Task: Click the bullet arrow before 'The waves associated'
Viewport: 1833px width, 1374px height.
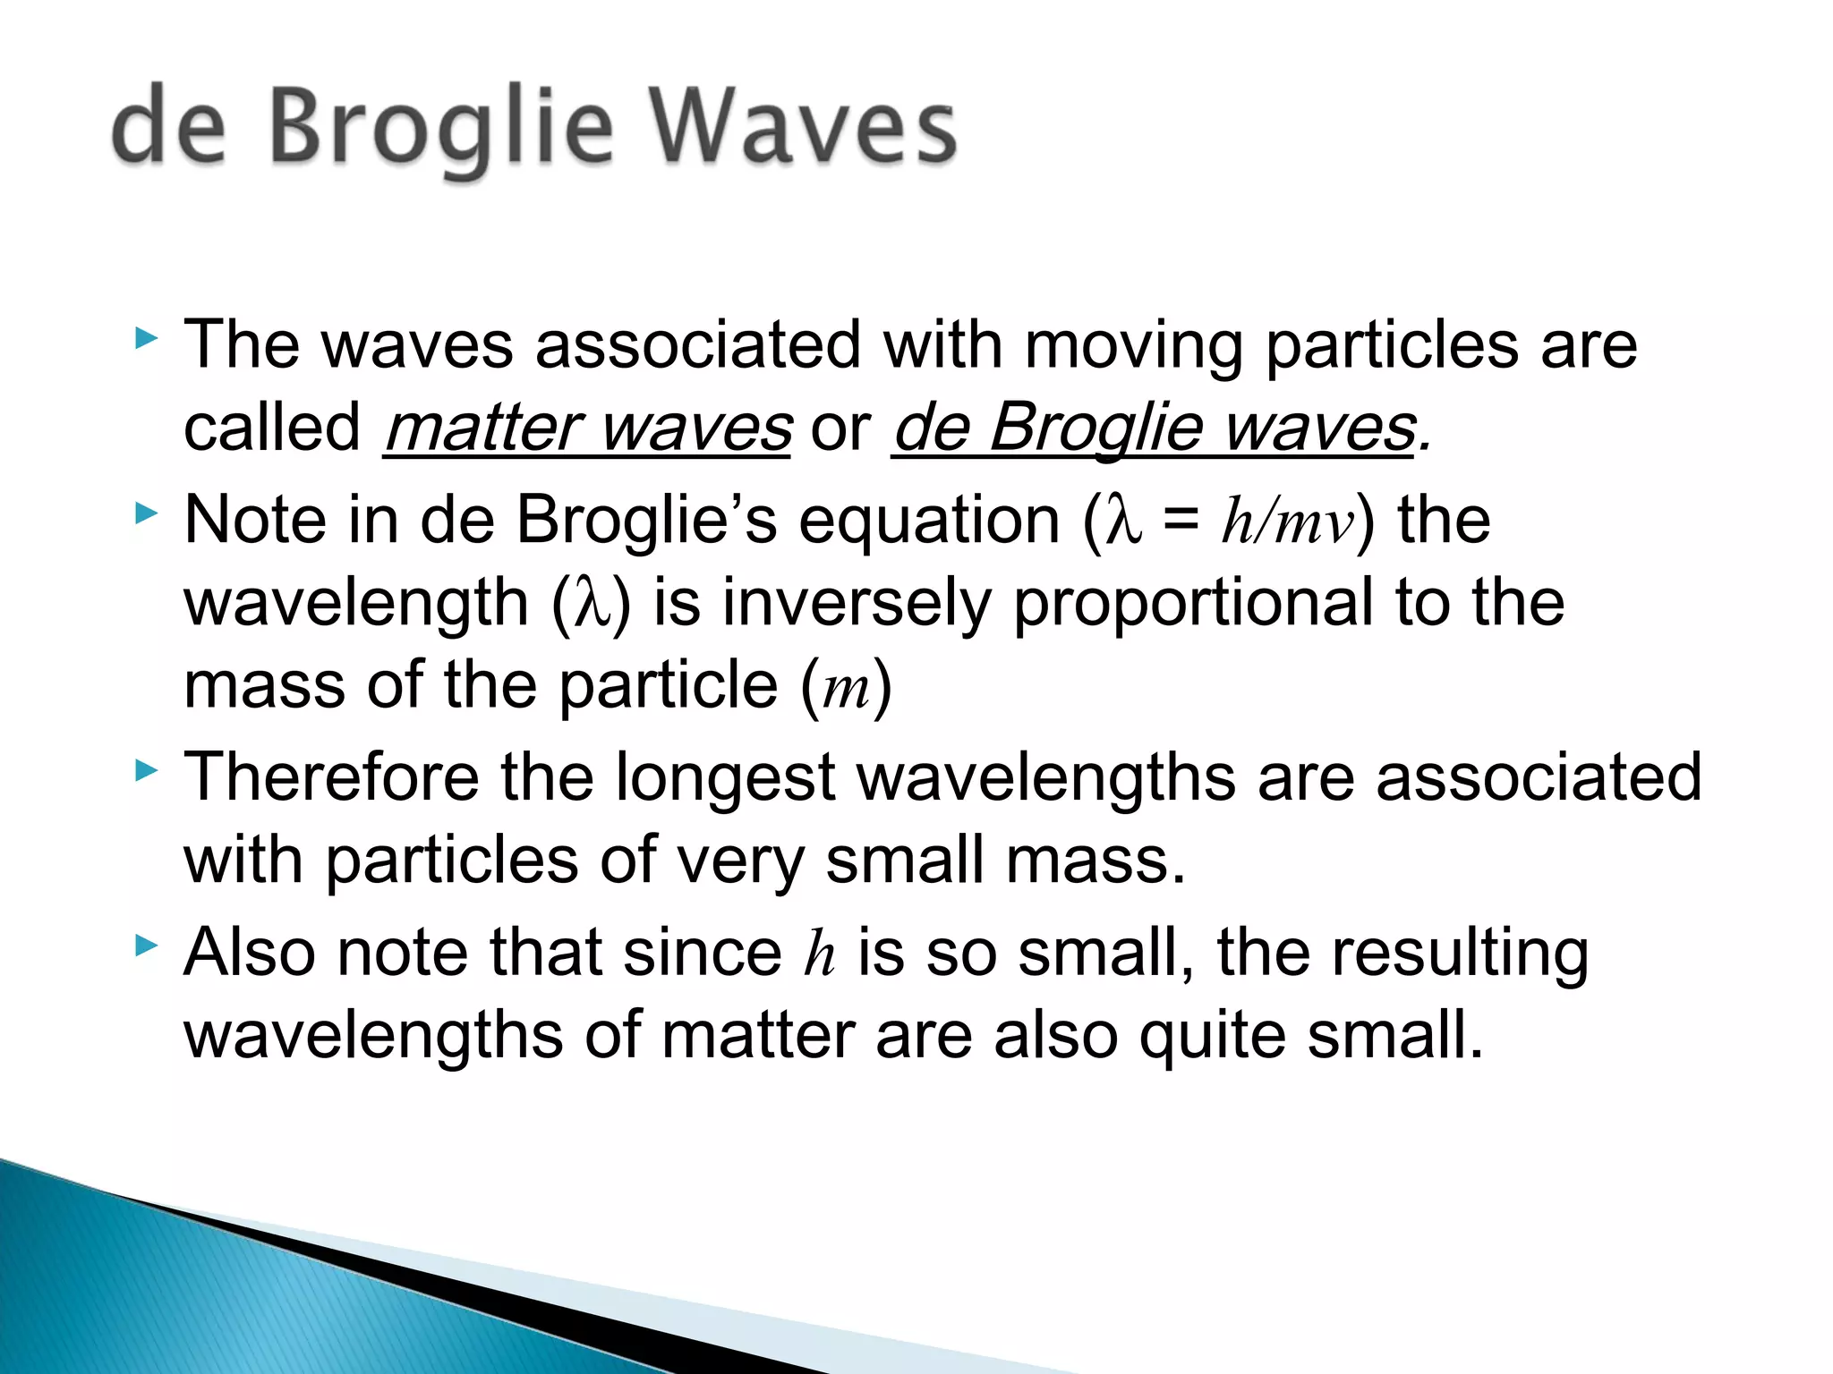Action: pyautogui.click(x=147, y=339)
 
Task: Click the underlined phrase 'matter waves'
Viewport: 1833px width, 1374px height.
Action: pyautogui.click(x=587, y=428)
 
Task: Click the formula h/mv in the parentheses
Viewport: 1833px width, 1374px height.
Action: pyautogui.click(x=1289, y=521)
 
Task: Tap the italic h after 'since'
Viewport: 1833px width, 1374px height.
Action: pyautogui.click(x=819, y=953)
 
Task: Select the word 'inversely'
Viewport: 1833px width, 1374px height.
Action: pyautogui.click(x=857, y=604)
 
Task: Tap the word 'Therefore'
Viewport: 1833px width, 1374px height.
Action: pyautogui.click(x=331, y=776)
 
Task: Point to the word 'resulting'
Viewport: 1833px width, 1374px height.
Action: pyautogui.click(x=1461, y=954)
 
